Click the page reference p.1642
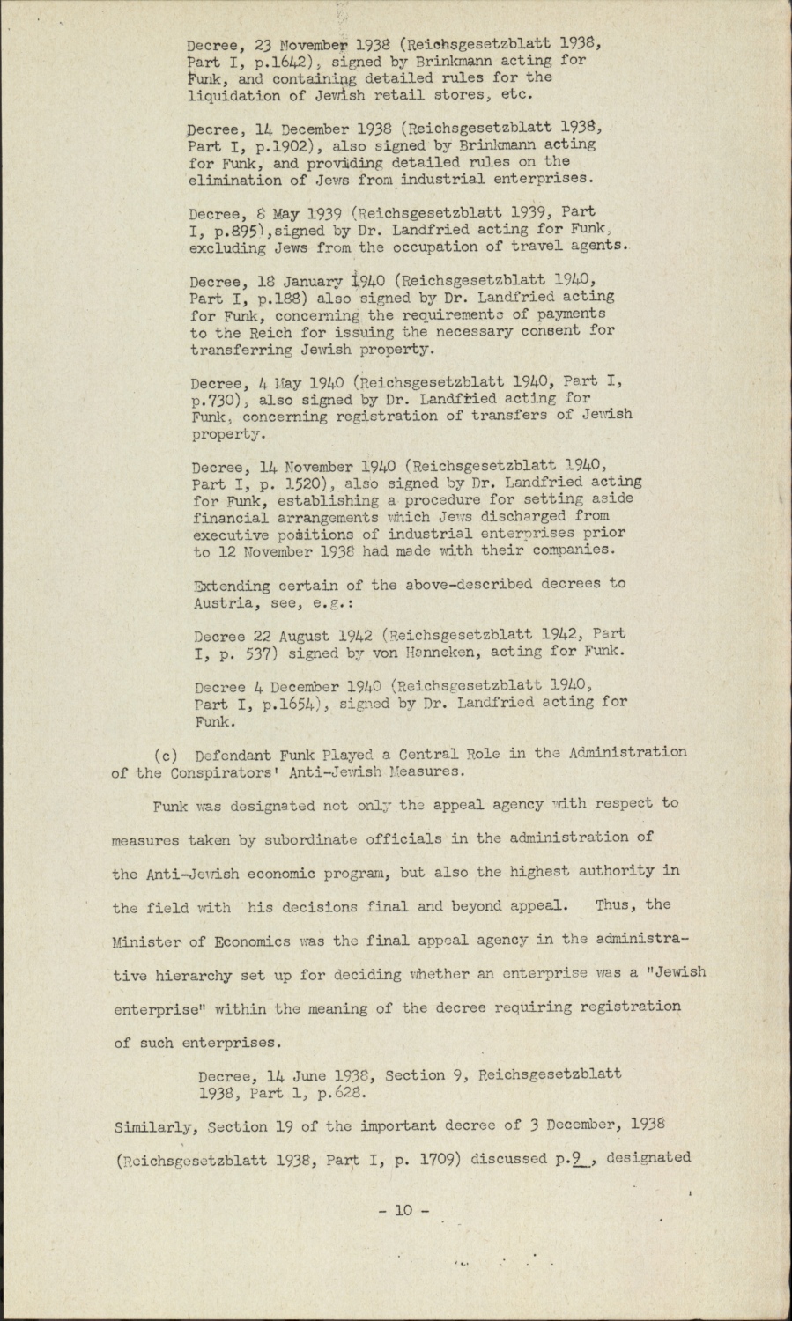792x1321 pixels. coord(275,62)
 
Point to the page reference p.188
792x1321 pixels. coord(275,298)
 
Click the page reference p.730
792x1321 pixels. coord(217,399)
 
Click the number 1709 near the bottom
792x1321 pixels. coord(422,1158)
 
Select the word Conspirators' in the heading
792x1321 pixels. coord(225,771)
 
